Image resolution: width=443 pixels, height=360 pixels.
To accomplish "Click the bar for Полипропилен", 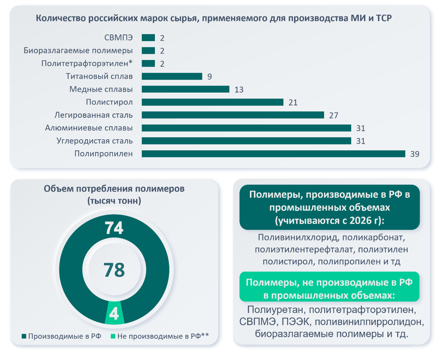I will pos(273,154).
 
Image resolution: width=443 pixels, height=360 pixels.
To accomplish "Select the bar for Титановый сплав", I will pos(172,76).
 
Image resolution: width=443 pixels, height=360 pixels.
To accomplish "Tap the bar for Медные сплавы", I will pos(185,89).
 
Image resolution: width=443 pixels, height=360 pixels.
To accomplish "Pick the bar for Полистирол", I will pos(212,102).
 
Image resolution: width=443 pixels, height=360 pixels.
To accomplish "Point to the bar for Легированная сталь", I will pos(233,115).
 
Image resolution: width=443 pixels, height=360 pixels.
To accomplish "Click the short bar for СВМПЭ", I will pos(148,38).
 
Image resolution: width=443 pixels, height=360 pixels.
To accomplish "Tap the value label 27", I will pos(333,115).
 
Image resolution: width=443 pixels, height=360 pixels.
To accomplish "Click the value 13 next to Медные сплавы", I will pos(239,89).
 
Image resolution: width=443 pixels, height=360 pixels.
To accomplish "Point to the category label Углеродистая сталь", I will pos(94,141).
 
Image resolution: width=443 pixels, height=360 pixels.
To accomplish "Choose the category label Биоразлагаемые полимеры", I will pos(78,50).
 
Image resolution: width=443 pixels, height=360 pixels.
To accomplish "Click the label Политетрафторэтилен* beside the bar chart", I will pos(87,64).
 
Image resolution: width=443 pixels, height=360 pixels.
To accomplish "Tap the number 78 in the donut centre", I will pos(114,270).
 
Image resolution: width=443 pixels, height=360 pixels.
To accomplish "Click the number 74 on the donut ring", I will pos(114,228).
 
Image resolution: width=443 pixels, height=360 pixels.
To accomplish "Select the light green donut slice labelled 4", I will pos(114,314).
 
